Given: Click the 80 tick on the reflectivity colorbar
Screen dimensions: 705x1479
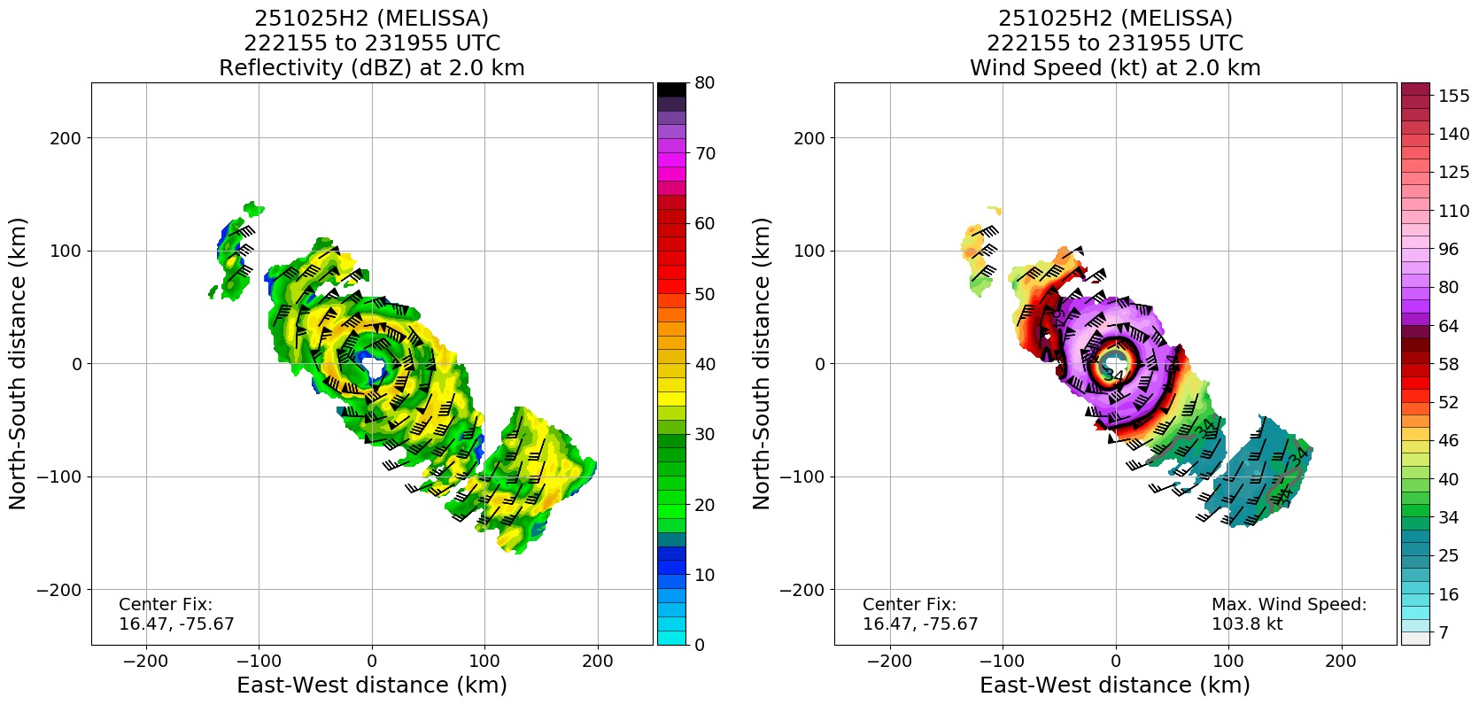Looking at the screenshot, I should coord(705,83).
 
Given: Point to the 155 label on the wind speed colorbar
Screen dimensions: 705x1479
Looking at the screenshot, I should coord(1454,97).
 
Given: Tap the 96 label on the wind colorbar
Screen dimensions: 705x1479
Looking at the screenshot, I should coord(1449,250).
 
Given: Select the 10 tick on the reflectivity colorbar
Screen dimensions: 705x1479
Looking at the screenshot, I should coord(705,575).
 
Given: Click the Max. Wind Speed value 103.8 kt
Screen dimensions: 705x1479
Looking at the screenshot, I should coord(1247,624).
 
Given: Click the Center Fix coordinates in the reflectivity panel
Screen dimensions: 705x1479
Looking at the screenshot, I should coord(176,624).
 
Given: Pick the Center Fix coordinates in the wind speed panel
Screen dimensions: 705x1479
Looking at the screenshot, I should coord(920,624).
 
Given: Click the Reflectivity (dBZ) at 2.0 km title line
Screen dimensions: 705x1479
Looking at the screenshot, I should coord(372,68).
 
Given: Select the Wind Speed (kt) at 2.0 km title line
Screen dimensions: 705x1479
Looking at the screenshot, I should coord(1115,68).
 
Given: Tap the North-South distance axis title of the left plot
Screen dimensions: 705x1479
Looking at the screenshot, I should coord(19,363).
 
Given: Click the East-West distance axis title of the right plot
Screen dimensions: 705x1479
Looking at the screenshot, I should coord(1115,686).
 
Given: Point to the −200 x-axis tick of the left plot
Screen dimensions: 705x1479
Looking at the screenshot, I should coord(146,661).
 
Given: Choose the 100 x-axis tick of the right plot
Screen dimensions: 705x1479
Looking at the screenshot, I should coord(1227,661).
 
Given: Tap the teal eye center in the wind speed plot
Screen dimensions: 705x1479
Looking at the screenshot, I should coord(1115,361).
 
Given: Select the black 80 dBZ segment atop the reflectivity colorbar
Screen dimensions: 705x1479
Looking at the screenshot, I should coord(671,89).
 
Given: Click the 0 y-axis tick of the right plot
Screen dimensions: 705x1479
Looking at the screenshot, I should coord(820,364).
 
